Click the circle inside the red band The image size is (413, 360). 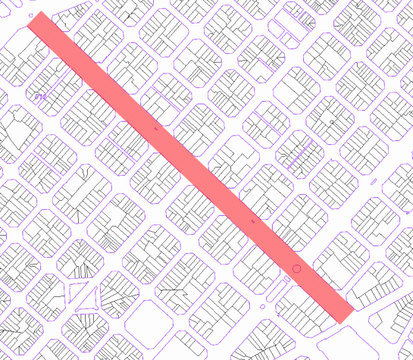coord(296,268)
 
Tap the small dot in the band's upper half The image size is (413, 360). coord(156,129)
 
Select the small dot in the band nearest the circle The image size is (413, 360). coord(253,221)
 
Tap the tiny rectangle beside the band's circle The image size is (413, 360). coord(287,279)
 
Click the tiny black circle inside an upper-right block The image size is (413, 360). coord(332,121)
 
